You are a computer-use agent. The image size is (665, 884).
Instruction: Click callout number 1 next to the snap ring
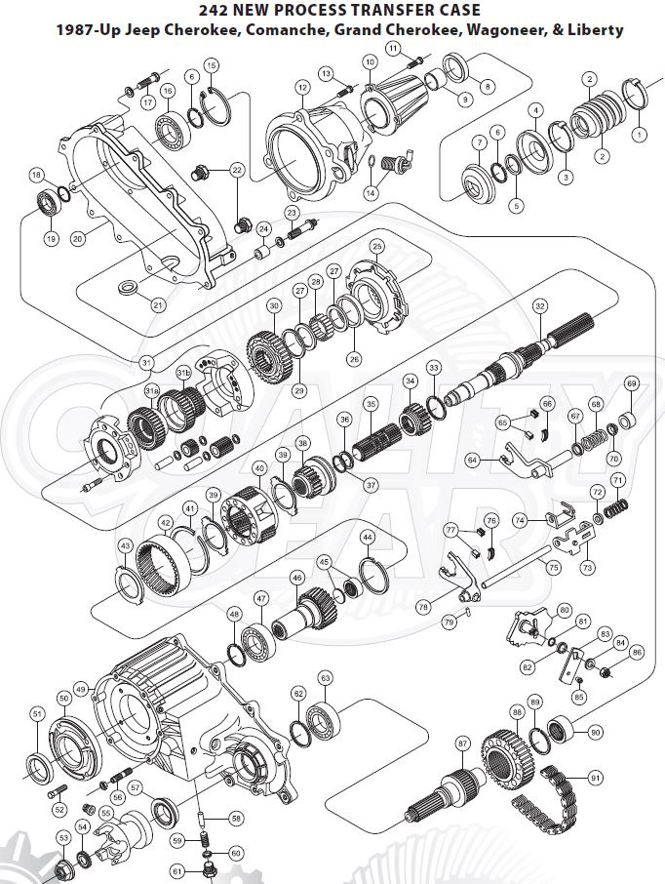tap(640, 133)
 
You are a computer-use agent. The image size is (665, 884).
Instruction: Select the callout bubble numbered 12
tap(303, 88)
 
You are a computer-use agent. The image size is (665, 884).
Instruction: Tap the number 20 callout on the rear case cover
tap(78, 235)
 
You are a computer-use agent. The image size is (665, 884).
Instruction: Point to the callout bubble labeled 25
tap(376, 247)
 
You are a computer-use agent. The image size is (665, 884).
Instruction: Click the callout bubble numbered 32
tap(539, 305)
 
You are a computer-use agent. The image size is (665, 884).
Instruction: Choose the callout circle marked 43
tap(125, 545)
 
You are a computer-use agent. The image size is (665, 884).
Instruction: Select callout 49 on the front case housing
tap(81, 689)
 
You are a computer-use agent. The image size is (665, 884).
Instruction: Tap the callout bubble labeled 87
tap(462, 743)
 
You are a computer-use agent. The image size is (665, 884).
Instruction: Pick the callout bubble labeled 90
tap(595, 732)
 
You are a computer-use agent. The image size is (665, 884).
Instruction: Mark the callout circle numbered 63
tap(325, 677)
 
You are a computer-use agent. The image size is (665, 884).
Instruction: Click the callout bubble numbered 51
tap(37, 715)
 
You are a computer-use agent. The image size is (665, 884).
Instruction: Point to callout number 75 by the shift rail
tap(553, 567)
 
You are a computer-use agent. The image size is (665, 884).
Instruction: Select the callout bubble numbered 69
tap(631, 382)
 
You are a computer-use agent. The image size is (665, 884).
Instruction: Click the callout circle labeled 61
tap(178, 870)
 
